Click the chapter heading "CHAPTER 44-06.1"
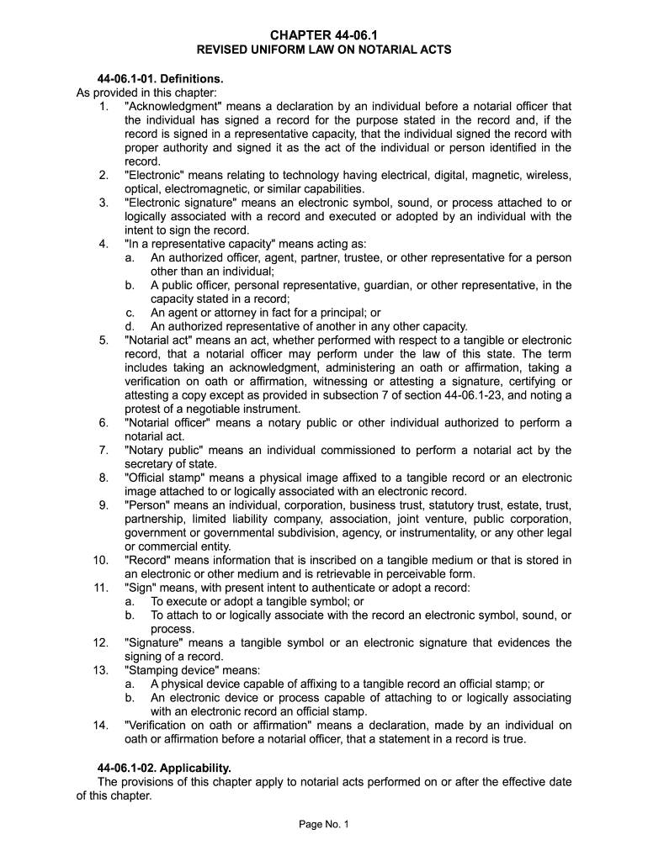click(324, 34)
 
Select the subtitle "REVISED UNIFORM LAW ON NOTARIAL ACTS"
click(324, 50)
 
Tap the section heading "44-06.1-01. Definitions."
click(161, 79)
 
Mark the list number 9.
click(103, 505)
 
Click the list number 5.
click(103, 341)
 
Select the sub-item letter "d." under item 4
click(130, 326)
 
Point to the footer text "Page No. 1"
click(324, 824)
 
